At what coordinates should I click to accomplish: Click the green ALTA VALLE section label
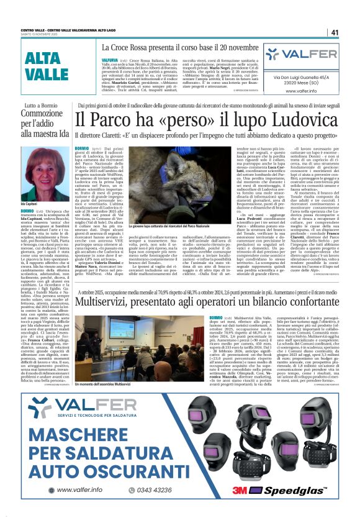coord(47,66)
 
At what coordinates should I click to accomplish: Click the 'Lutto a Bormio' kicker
coord(42,106)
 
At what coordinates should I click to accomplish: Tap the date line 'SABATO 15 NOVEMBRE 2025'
coord(40,35)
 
